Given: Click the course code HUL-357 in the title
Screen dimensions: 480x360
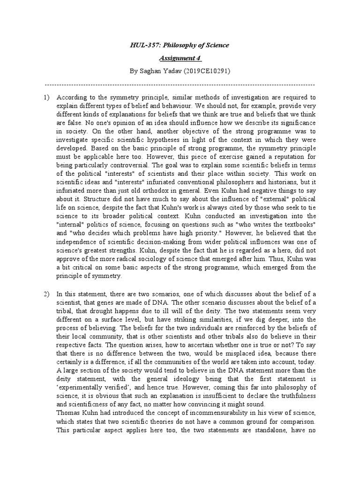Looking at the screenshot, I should [142, 45].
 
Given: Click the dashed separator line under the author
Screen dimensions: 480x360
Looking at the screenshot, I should [180, 85].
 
